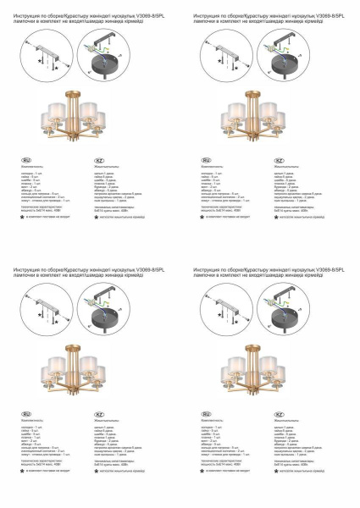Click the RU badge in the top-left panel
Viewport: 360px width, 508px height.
pos(25,159)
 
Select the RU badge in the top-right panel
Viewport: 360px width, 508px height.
pos(206,159)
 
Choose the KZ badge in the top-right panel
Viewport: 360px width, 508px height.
pos(279,159)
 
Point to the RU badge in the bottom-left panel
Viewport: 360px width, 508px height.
pos(25,412)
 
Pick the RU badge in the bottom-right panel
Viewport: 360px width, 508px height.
pos(206,412)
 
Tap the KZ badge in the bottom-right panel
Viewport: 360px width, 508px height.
pos(279,412)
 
